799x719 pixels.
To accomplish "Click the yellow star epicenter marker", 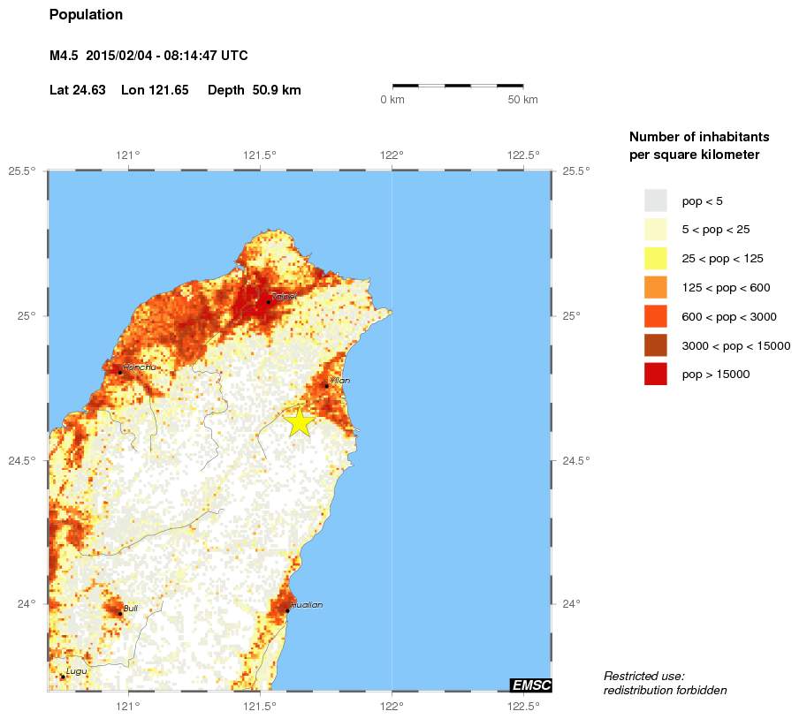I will coord(300,421).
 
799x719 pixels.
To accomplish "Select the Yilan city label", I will coord(340,381).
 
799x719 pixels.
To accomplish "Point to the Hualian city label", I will coord(306,605).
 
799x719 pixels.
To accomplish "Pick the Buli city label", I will coord(130,608).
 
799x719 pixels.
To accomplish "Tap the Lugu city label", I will coord(76,672).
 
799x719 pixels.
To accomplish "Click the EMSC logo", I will coord(531,685).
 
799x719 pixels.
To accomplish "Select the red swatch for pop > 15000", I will coord(655,375).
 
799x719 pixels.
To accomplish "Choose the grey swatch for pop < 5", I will coord(655,201).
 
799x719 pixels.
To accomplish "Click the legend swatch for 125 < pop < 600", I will coord(655,287).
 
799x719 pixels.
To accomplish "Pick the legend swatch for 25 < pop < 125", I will coord(655,259).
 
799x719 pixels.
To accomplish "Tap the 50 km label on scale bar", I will coord(522,100).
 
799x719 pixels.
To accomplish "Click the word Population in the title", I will coord(86,15).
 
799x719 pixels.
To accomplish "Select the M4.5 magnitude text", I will coord(64,56).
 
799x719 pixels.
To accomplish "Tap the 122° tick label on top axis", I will coord(392,155).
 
